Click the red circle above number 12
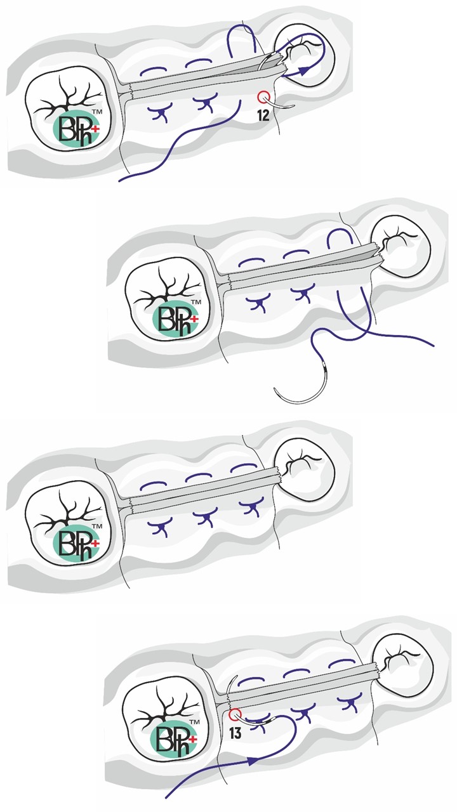pyautogui.click(x=263, y=97)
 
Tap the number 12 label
pyautogui.click(x=263, y=115)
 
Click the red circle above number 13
pyautogui.click(x=235, y=714)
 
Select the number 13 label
pyautogui.click(x=235, y=733)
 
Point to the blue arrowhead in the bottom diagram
pyautogui.click(x=253, y=760)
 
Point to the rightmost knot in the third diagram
pyautogui.click(x=251, y=506)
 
